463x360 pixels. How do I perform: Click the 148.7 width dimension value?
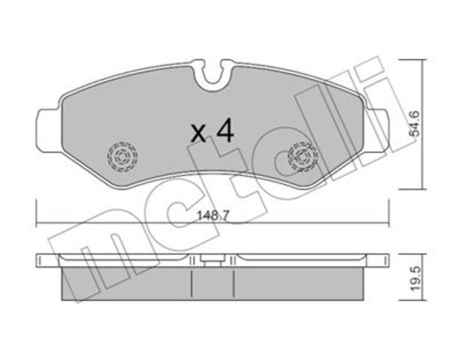pos(213,216)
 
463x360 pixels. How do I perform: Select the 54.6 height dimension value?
pos(414,124)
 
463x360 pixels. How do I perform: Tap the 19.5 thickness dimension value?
pos(415,278)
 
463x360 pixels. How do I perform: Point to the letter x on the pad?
pos(198,133)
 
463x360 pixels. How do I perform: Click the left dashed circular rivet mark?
pos(122,157)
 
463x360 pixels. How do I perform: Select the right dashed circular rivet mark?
pos(303,157)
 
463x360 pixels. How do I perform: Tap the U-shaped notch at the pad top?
pos(212,74)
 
